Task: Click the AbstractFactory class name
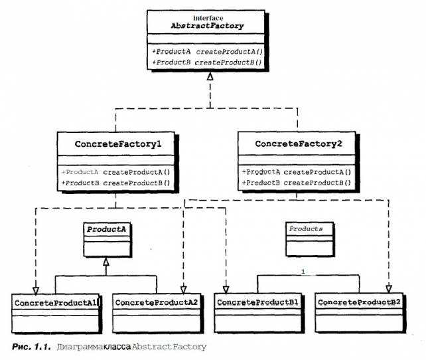pyautogui.click(x=207, y=26)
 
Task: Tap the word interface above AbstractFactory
pyautogui.click(x=208, y=18)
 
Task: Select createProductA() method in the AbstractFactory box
pyautogui.click(x=230, y=52)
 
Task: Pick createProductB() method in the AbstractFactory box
pyautogui.click(x=228, y=62)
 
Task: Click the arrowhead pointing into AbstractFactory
pyautogui.click(x=210, y=76)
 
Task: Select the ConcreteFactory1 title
pyautogui.click(x=118, y=144)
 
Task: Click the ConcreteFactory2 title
pyautogui.click(x=299, y=143)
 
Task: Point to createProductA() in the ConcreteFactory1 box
pyautogui.click(x=137, y=173)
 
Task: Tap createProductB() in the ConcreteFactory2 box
pyautogui.click(x=317, y=183)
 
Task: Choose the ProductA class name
pyautogui.click(x=106, y=230)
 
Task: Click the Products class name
pyautogui.click(x=306, y=229)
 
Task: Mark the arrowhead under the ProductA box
pyautogui.click(x=106, y=262)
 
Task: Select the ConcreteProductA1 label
pyautogui.click(x=56, y=303)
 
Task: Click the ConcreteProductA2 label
pyautogui.click(x=157, y=303)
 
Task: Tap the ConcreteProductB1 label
pyautogui.click(x=257, y=302)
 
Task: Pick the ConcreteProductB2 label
pyautogui.click(x=359, y=302)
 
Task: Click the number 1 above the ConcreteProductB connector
pyautogui.click(x=303, y=272)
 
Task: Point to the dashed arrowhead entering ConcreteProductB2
pyautogui.click(x=389, y=289)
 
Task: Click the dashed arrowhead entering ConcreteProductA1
pyautogui.click(x=36, y=291)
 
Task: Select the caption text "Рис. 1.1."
pyautogui.click(x=31, y=347)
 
